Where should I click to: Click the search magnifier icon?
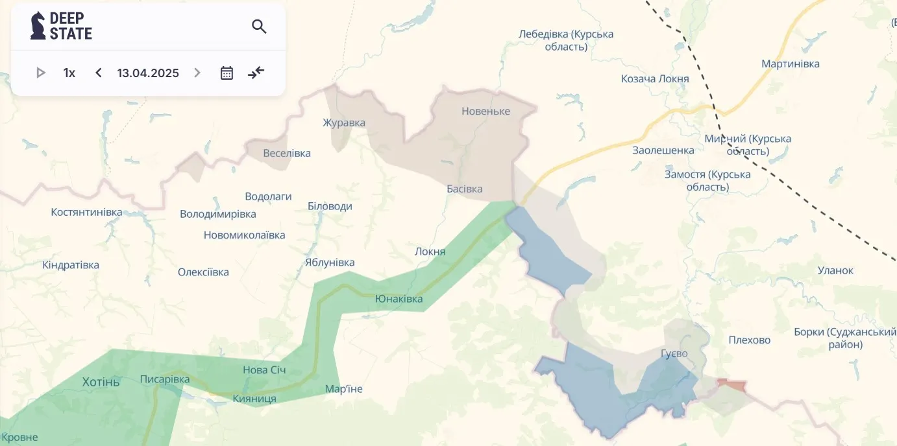tap(259, 27)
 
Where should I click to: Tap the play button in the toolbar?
tap(41, 73)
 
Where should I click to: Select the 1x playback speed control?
tap(69, 73)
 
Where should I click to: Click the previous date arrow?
tap(99, 73)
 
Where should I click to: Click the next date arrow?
tap(197, 73)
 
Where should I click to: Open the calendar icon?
tap(227, 73)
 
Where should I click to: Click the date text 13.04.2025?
tap(148, 73)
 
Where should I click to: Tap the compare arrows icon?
tap(256, 73)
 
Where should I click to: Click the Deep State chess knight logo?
tap(38, 26)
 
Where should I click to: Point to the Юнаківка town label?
tap(399, 299)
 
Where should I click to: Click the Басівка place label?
tap(465, 189)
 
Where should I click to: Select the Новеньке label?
tap(485, 111)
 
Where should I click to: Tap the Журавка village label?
tap(344, 123)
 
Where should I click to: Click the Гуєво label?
tap(674, 353)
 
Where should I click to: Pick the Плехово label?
tap(749, 340)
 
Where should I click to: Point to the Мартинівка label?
tap(790, 64)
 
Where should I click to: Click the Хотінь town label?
tap(101, 382)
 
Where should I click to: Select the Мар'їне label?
tap(344, 389)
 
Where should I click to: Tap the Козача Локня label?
tap(655, 78)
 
